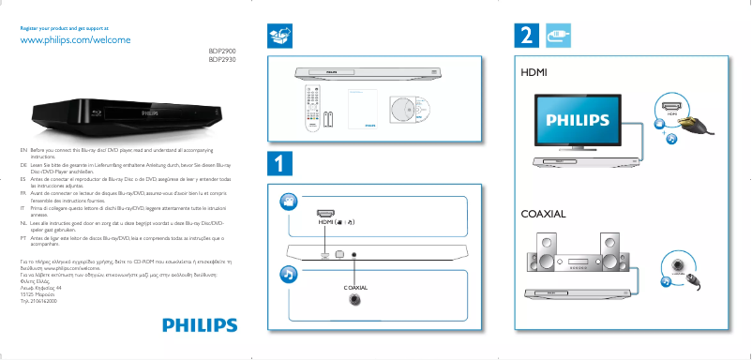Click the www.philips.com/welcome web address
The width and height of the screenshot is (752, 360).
[74, 41]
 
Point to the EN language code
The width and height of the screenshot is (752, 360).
[23, 150]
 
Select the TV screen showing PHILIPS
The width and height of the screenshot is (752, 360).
[583, 121]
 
